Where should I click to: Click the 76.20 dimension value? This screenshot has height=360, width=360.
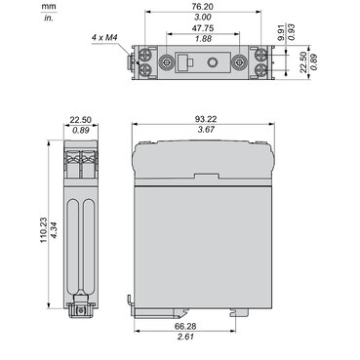pos(203,7)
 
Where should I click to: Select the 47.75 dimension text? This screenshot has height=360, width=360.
pos(203,28)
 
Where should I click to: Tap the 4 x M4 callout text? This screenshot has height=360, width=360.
pos(104,38)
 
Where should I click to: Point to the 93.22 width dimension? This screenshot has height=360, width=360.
pos(206,119)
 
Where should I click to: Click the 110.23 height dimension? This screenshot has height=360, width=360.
pos(44,230)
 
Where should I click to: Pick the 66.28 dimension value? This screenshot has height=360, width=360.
pos(185,326)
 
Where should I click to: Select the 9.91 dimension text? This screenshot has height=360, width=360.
pos(282,31)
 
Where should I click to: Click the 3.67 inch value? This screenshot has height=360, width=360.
pos(206,130)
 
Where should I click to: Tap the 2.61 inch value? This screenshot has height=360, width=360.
pos(185,337)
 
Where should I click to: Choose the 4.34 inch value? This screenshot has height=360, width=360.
pos(54,230)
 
